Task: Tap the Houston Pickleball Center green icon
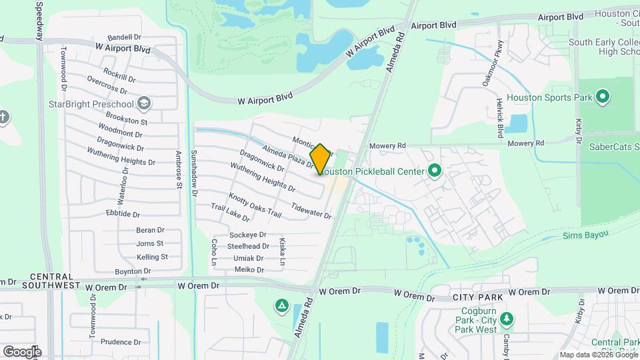(435, 171)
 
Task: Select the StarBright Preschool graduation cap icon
(145, 104)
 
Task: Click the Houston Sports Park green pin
(603, 98)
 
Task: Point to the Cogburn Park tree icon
(507, 319)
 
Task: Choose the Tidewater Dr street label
(311, 211)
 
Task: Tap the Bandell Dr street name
(125, 37)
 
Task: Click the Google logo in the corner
(22, 351)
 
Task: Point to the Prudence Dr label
(121, 342)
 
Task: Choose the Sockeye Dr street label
(247, 235)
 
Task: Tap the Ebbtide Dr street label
(123, 215)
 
